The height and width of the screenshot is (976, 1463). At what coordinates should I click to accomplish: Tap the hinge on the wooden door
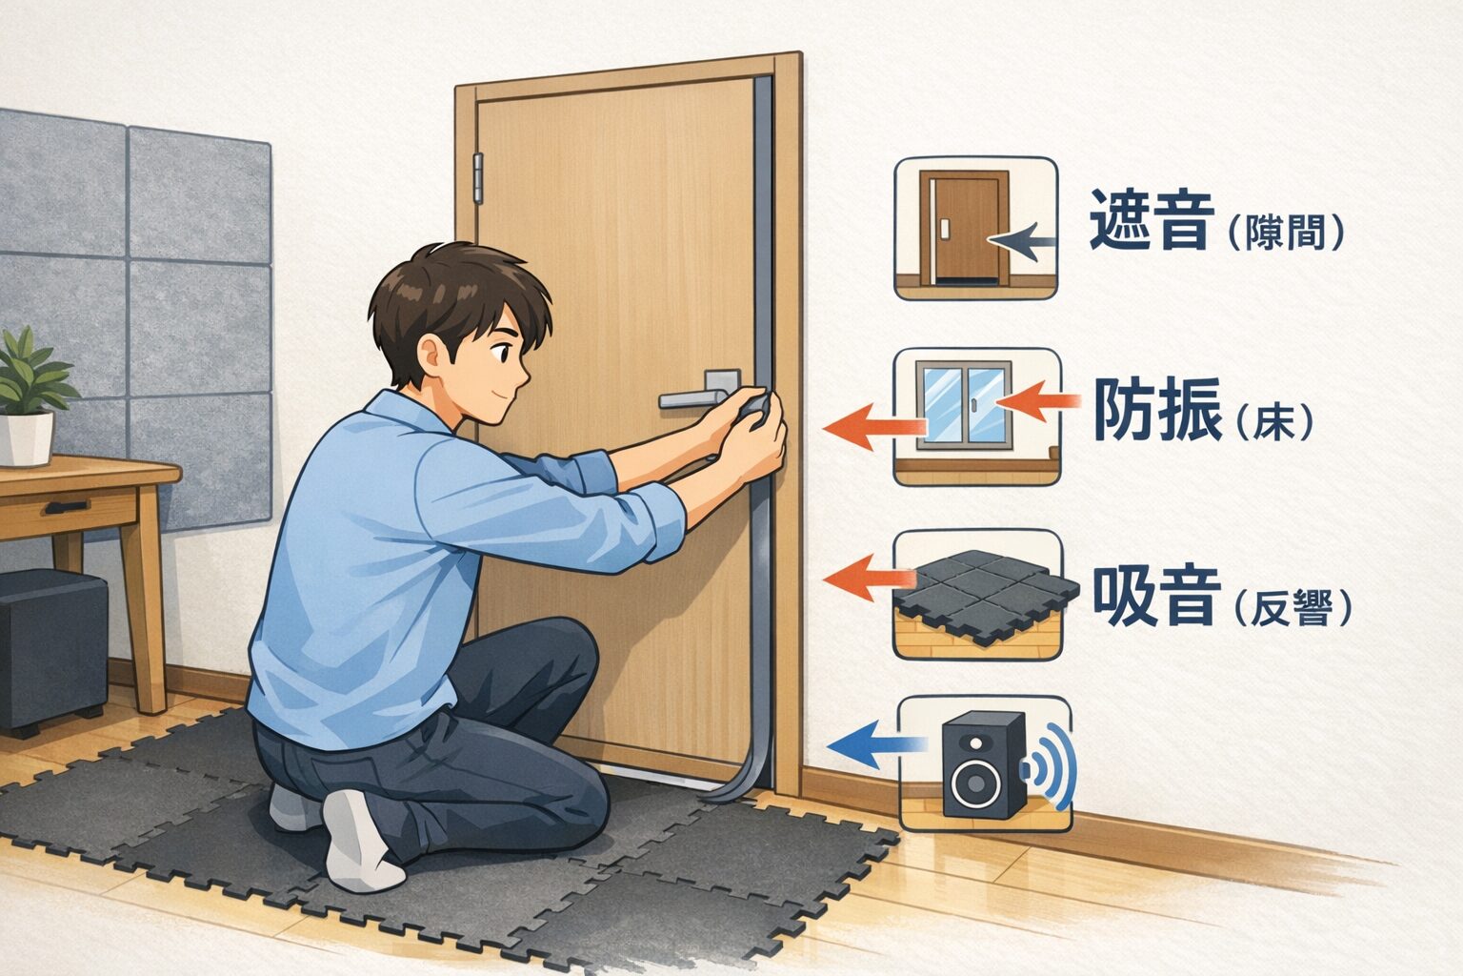478,177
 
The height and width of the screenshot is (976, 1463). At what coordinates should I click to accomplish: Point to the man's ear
436,358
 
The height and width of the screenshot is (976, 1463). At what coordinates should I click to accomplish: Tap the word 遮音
1152,220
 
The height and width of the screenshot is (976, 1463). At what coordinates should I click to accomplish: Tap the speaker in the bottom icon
982,764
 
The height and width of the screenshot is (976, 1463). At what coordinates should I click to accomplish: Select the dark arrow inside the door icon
1022,242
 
